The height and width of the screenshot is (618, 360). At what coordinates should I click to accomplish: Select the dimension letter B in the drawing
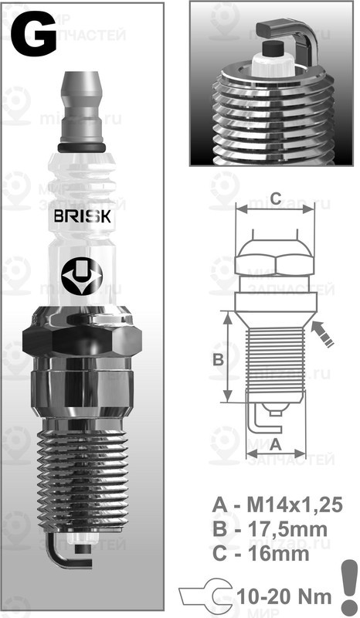click(x=218, y=358)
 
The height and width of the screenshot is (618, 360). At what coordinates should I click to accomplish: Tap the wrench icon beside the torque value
click(x=205, y=596)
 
